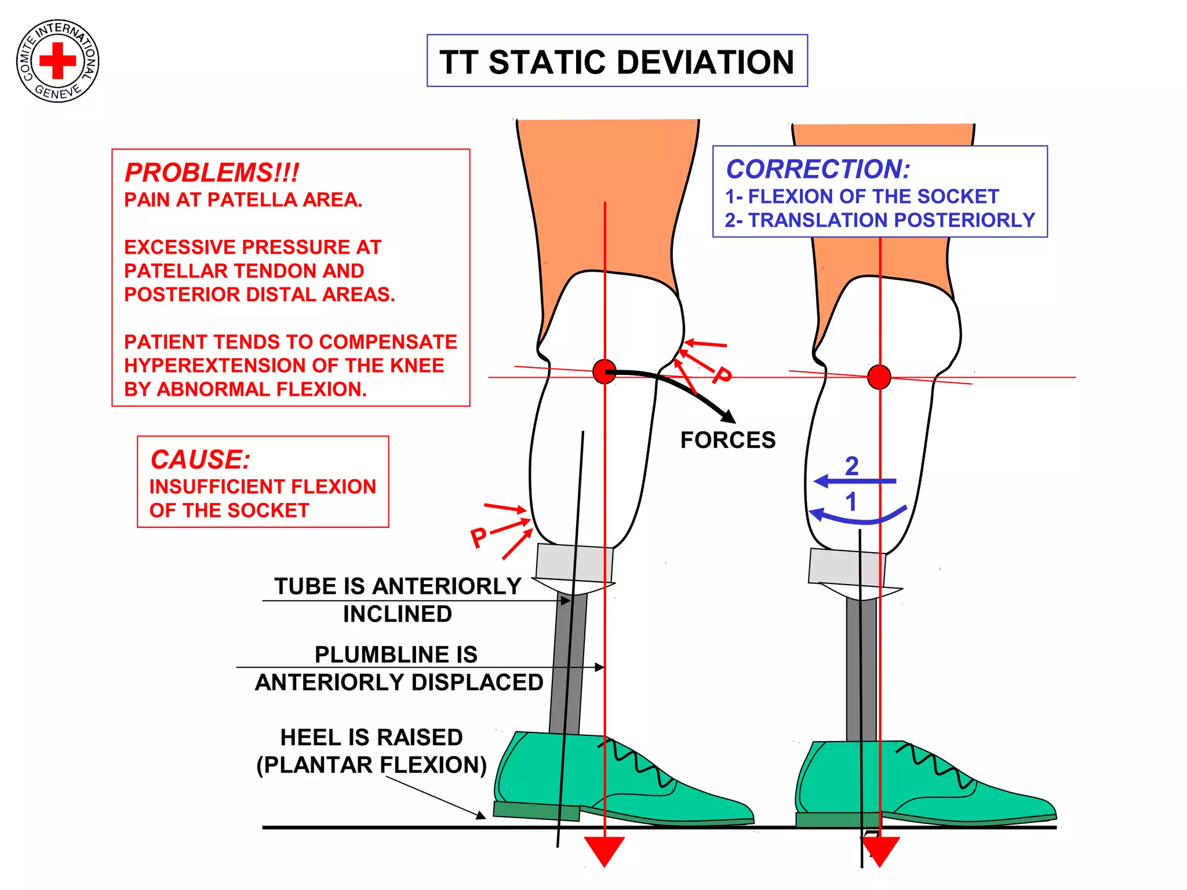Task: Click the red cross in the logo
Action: (57, 60)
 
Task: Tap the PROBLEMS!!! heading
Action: (212, 173)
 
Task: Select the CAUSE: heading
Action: (200, 459)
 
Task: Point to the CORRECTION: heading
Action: (818, 169)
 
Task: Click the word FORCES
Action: (727, 440)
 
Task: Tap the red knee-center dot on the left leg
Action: (605, 371)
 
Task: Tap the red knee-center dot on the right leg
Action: (879, 377)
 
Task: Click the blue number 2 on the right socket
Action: (851, 466)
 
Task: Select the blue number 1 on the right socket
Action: (851, 502)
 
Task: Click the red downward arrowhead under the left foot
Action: (604, 851)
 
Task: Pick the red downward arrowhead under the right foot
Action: (880, 851)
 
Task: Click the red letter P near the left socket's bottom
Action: (479, 538)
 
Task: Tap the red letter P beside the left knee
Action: (722, 375)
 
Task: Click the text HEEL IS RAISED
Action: (372, 738)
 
